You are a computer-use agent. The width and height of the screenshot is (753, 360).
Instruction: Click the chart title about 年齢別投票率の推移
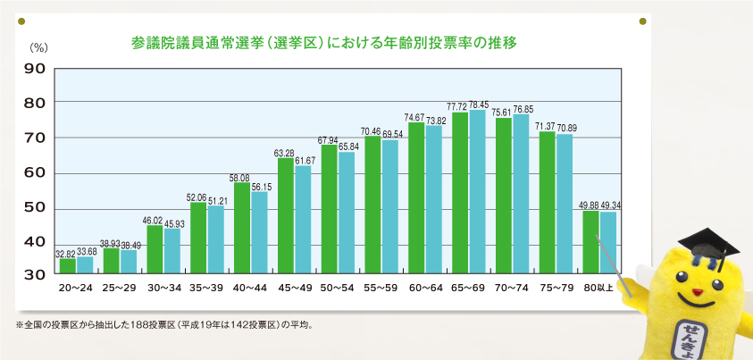point(323,43)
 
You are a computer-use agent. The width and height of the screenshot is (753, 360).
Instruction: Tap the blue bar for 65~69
point(478,192)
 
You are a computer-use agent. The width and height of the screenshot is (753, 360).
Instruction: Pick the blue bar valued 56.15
point(259,232)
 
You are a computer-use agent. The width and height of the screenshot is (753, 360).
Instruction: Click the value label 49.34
point(609,205)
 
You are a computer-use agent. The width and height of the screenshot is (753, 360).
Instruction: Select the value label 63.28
point(285,153)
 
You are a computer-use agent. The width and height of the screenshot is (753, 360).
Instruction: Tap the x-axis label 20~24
point(76,288)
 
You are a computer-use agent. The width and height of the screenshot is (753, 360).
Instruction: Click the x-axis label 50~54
point(337,288)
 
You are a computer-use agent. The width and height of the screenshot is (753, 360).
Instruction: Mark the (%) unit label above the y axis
point(38,47)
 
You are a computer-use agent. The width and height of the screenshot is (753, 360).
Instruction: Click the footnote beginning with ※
point(166,324)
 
